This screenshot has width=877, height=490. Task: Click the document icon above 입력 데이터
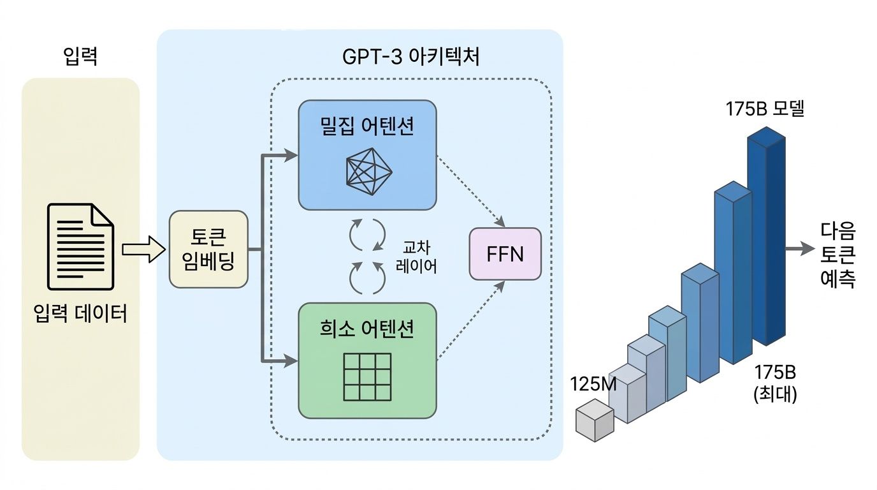[x=81, y=246]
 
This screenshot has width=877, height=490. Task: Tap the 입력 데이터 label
[x=81, y=314]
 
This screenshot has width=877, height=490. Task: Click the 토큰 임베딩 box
[x=208, y=249]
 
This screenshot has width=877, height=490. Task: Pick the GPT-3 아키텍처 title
[x=410, y=59]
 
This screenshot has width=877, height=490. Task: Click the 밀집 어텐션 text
[x=368, y=126]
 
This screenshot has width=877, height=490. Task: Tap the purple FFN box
[x=505, y=254]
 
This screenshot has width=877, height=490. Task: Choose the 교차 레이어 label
[x=416, y=256]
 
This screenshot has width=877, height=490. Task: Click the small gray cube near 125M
[x=594, y=419]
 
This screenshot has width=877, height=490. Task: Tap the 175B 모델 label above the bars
[x=765, y=109]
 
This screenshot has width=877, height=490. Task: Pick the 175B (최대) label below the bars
[x=775, y=383]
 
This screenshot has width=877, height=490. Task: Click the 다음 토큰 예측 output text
[x=838, y=255]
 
